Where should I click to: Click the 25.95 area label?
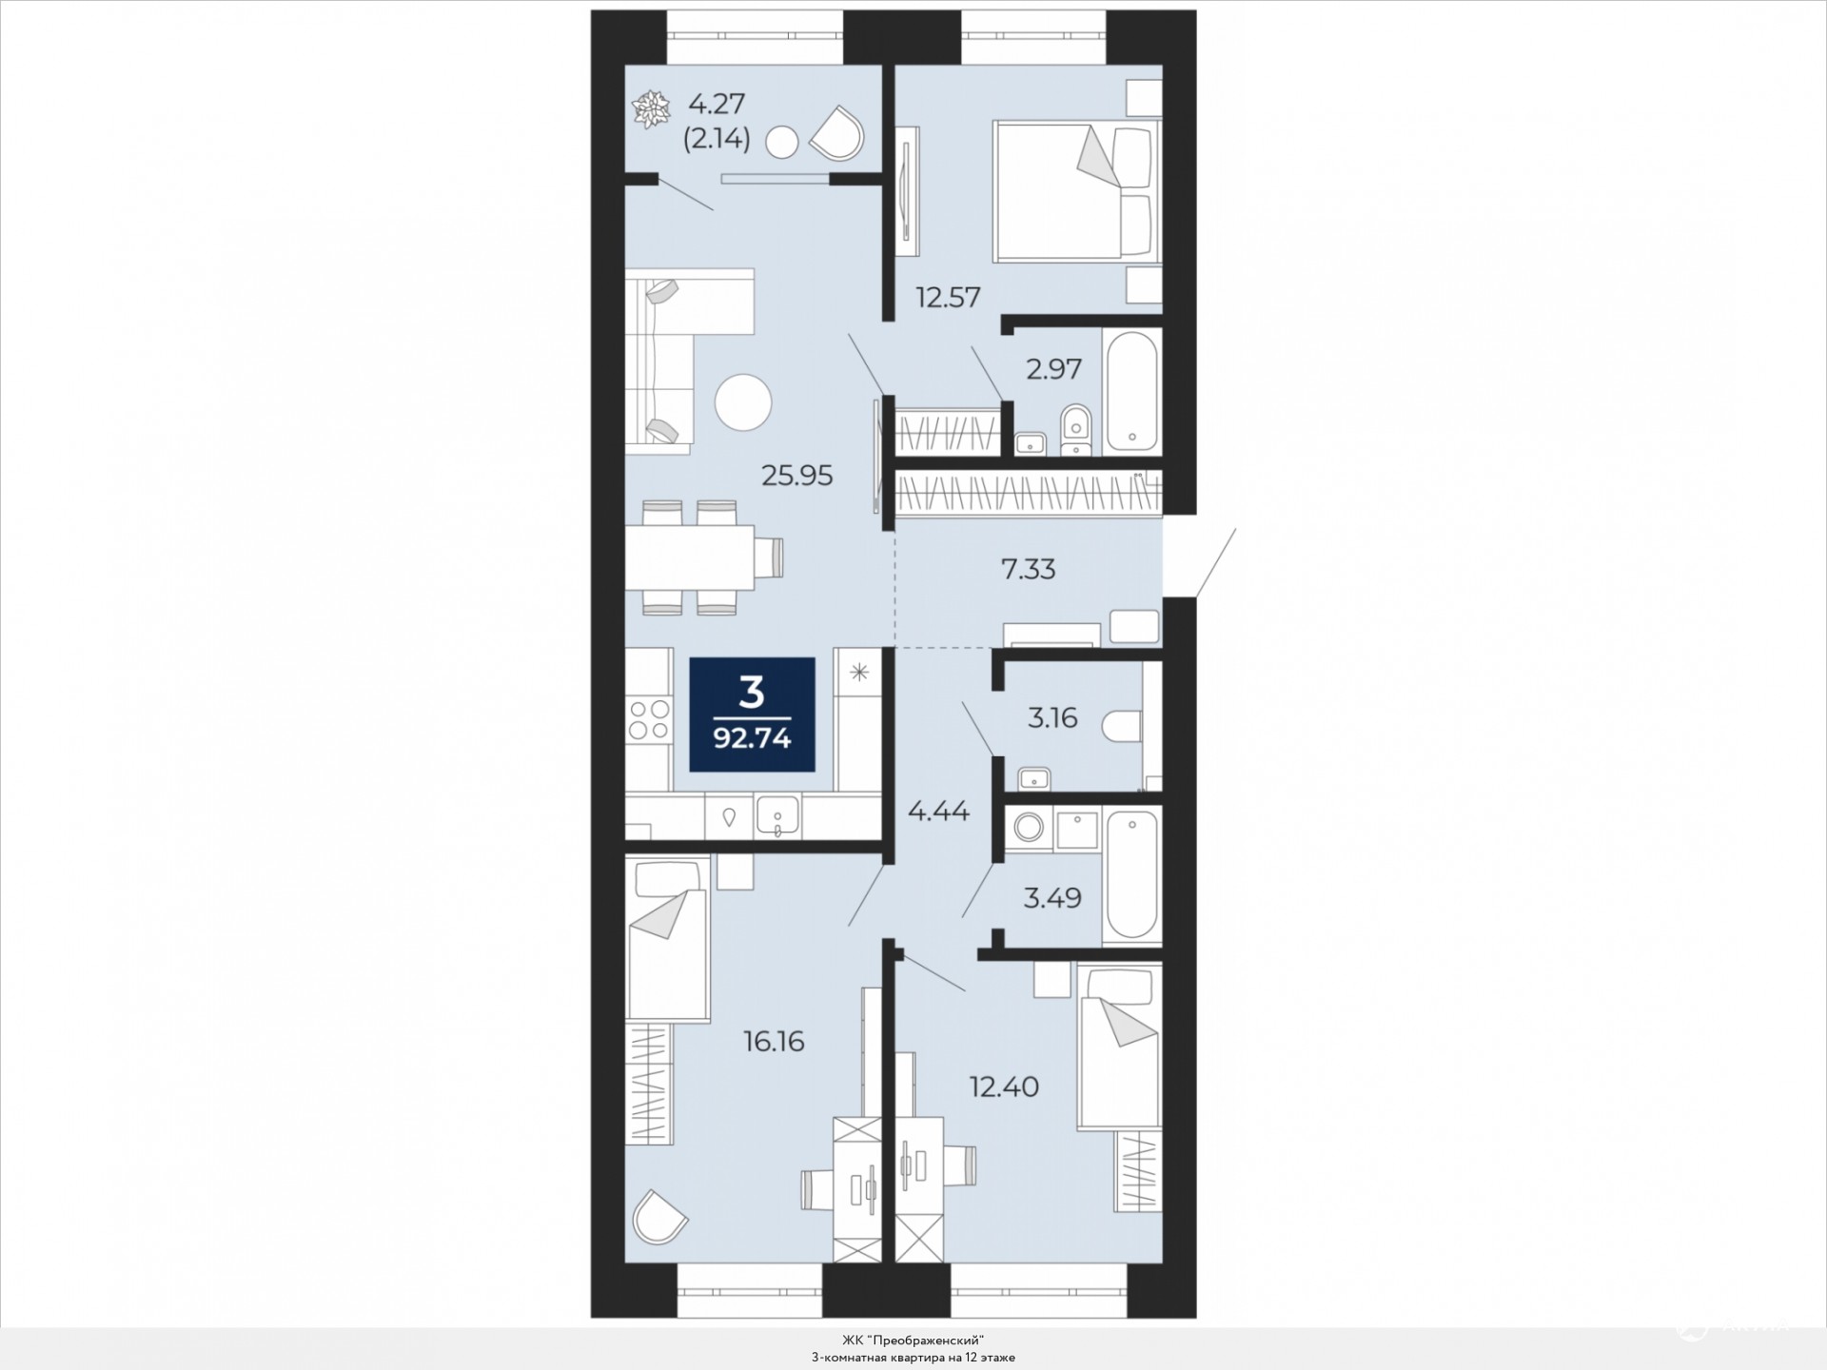(x=797, y=475)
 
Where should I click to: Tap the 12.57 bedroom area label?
(x=948, y=298)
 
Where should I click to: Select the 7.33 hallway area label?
(x=1028, y=569)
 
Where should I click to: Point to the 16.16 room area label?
(x=774, y=1042)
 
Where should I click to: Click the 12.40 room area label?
(x=1004, y=1086)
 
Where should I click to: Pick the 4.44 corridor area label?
(x=938, y=812)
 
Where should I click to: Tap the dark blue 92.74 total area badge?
(x=753, y=714)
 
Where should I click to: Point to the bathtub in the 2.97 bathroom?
(x=1131, y=390)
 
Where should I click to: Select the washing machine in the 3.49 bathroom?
(x=1028, y=827)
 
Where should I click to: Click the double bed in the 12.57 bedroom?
(x=1076, y=191)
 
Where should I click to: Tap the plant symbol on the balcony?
(x=651, y=109)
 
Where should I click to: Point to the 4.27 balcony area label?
(x=717, y=103)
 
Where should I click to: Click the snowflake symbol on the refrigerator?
(x=859, y=674)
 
